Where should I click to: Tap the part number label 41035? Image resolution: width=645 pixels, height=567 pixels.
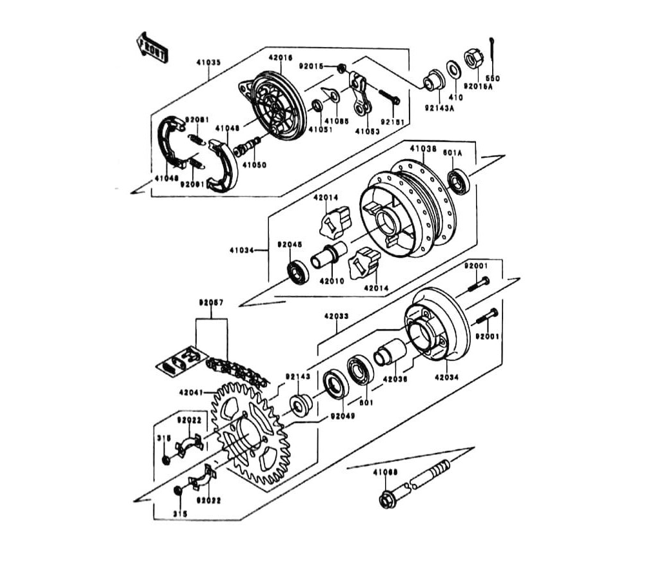pos(208,62)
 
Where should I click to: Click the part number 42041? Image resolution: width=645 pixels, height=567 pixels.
pos(192,391)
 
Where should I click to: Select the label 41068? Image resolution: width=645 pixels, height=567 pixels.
pos(385,472)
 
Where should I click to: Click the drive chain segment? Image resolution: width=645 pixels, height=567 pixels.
pos(236,372)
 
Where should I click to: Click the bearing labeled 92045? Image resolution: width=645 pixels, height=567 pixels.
pos(298,272)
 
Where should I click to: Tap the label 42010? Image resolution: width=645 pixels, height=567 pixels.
pos(332,281)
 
